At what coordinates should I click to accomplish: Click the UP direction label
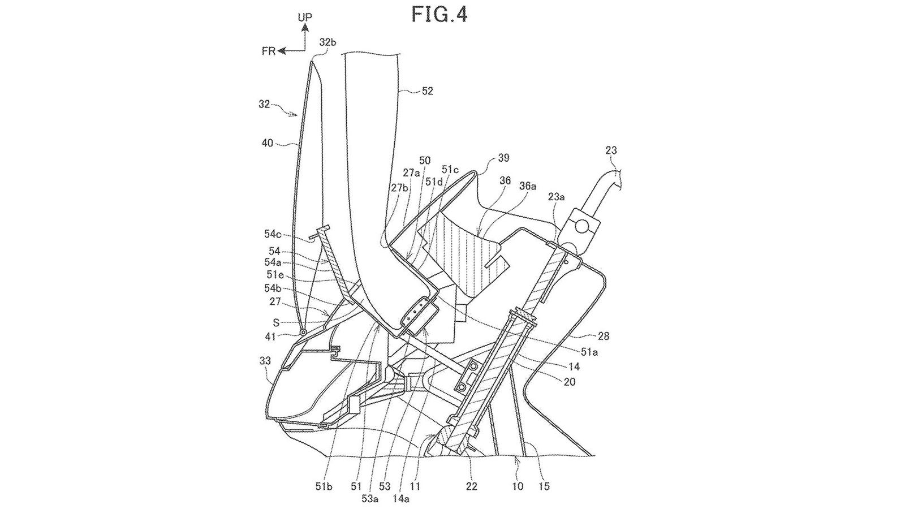(305, 18)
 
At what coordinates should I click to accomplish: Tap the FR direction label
(269, 51)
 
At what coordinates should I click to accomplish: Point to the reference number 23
(611, 150)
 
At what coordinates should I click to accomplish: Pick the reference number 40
(267, 143)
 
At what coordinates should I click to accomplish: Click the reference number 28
(603, 337)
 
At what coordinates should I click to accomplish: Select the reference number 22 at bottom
(471, 486)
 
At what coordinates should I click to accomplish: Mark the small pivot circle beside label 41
(304, 333)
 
